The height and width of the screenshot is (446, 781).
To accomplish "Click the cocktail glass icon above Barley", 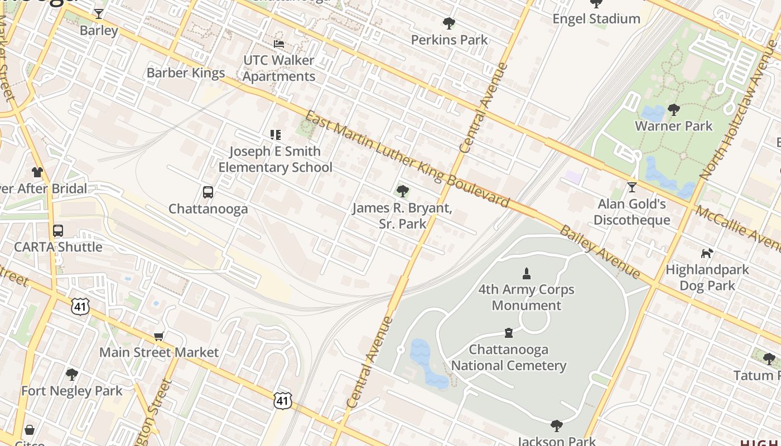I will point(99,13).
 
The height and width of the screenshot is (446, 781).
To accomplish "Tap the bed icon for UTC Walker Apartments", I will point(278,43).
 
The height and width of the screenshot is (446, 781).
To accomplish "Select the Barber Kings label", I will point(186,72).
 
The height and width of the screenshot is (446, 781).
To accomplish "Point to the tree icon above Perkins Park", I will point(449,23).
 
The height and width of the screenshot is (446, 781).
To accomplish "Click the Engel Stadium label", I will point(596,19).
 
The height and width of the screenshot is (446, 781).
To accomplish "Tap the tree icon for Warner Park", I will point(673,109).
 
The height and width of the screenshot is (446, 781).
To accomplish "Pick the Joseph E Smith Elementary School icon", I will point(275,134).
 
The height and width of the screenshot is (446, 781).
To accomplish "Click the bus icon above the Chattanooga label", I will point(208,192).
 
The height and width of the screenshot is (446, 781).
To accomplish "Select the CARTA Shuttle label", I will point(58,247).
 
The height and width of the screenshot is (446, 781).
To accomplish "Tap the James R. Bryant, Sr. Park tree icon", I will point(402,192).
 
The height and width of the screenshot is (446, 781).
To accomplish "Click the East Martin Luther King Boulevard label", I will point(407,159).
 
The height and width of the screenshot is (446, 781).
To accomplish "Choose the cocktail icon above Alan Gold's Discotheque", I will point(631,187).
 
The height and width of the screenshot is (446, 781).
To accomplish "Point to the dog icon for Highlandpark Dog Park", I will point(707,253).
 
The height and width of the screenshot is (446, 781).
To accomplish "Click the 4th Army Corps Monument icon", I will point(526,273).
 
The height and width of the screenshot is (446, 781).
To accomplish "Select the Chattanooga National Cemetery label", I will point(509,357).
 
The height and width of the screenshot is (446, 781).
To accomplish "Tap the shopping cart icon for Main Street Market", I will point(159,336).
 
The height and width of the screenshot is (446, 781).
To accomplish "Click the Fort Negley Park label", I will point(71,391).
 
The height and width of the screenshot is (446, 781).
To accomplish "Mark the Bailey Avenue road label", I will point(600,251).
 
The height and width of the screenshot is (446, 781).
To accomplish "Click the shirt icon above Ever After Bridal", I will point(37,172).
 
